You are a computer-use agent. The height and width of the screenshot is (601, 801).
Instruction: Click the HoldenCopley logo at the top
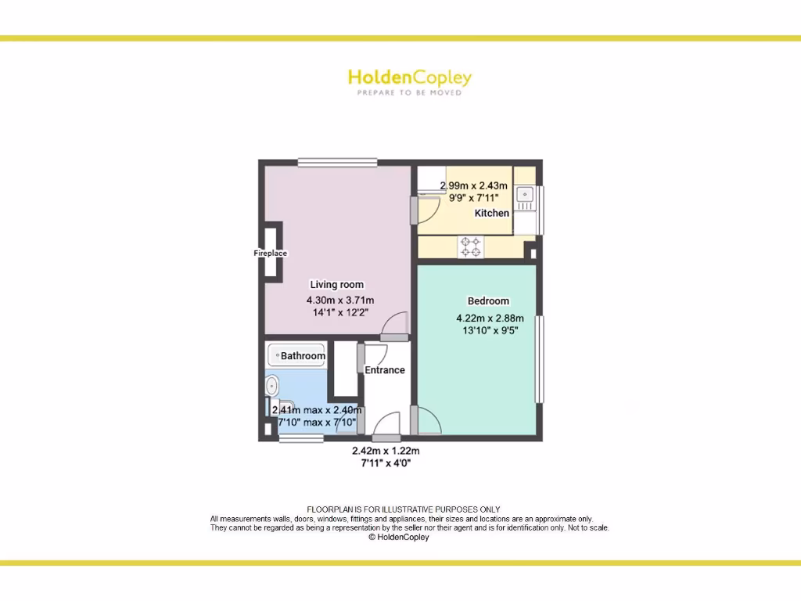409,77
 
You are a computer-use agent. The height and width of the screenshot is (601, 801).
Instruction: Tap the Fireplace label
270,254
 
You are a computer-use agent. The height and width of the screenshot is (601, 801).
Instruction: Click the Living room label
337,285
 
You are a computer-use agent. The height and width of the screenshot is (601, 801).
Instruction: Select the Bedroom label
488,301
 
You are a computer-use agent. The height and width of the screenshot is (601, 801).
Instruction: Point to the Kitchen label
492,213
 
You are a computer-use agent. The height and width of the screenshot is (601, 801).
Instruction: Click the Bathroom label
303,356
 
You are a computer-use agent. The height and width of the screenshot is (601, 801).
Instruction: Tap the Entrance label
385,370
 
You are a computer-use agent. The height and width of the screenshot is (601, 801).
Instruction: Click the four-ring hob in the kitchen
471,247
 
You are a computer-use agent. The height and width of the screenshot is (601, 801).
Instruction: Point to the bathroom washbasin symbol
272,385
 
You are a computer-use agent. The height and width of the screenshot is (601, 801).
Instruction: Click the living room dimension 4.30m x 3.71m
340,300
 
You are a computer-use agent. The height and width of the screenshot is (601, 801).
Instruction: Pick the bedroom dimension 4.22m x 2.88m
490,318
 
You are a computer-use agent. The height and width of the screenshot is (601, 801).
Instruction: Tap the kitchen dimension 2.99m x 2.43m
474,186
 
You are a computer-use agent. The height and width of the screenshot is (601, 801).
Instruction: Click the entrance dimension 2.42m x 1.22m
386,451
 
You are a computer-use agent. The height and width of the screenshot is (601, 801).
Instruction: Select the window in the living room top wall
338,163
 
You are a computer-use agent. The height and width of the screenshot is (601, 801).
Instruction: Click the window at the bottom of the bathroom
301,438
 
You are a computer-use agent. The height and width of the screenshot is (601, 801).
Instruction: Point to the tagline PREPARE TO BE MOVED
409,92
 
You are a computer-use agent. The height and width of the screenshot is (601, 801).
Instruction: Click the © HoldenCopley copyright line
399,538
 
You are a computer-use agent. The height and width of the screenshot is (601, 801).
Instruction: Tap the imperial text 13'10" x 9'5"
490,330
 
